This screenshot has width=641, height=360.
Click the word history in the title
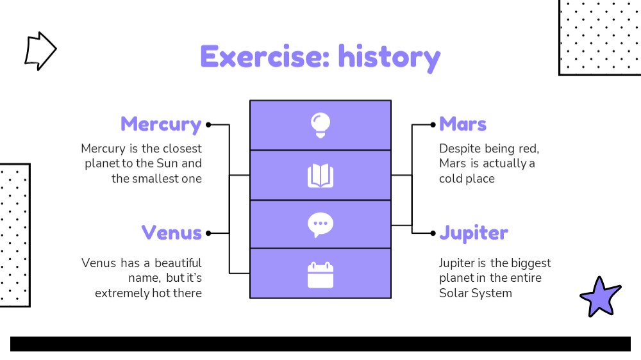[389, 58]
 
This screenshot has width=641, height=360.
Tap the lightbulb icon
[320, 125]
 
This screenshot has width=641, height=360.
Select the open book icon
[320, 176]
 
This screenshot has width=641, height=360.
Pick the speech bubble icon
[320, 225]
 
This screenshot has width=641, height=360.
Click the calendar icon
[320, 275]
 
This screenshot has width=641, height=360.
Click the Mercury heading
[161, 125]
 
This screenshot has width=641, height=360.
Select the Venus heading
[172, 233]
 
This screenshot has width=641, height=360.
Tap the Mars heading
[463, 124]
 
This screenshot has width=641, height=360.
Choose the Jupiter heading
[474, 233]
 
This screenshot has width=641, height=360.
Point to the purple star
[600, 297]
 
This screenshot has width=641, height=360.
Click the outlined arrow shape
[40, 51]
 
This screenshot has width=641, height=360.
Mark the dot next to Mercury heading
[208, 125]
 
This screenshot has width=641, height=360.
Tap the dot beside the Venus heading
[208, 233]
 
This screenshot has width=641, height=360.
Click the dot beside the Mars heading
[433, 125]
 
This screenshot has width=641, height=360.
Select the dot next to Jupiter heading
[433, 233]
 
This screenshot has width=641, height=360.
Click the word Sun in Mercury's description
[167, 163]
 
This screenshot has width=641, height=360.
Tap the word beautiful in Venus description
[178, 263]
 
